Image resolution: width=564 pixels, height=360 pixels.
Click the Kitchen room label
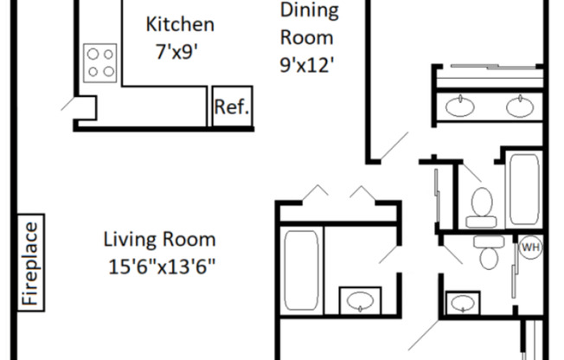point(180,24)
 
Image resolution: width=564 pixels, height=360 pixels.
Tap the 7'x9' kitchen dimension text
point(177,51)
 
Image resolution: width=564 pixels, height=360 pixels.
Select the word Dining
point(310,10)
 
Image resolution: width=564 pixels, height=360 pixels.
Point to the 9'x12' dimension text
point(307,65)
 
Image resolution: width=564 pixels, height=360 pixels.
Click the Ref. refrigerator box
point(232,106)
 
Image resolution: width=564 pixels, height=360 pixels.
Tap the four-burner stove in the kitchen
point(100,63)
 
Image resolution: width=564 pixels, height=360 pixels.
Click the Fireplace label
point(30,262)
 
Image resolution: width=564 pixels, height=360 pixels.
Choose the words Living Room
point(160,240)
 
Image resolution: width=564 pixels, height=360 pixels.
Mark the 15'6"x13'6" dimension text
point(162,267)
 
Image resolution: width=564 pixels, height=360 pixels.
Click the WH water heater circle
point(531,247)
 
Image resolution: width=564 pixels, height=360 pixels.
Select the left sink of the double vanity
point(459,106)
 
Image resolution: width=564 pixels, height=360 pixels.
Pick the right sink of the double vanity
point(520,107)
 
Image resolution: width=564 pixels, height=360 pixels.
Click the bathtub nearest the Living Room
point(301,270)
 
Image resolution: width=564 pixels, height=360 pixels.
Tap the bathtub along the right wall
point(524,190)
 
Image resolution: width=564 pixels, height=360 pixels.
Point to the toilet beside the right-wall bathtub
point(482,208)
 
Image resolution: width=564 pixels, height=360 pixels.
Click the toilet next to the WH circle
point(489,252)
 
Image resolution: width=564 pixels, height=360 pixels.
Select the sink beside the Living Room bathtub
point(360,300)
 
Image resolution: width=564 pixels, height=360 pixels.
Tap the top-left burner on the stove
point(93,54)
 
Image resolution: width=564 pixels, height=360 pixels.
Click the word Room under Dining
point(306,38)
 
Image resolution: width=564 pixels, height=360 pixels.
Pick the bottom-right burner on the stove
point(109,71)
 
